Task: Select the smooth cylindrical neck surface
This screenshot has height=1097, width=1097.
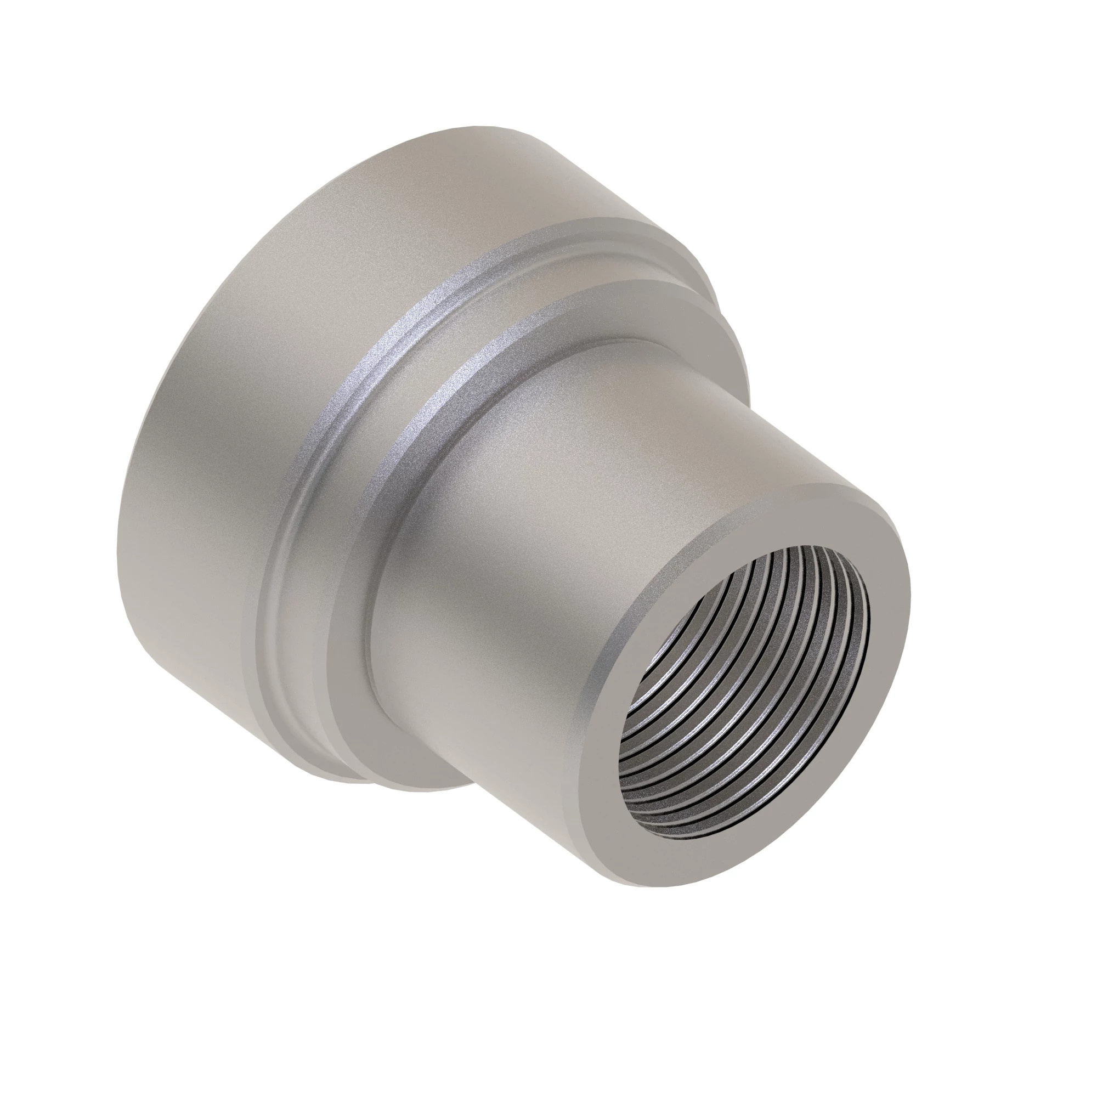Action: coord(568,511)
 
